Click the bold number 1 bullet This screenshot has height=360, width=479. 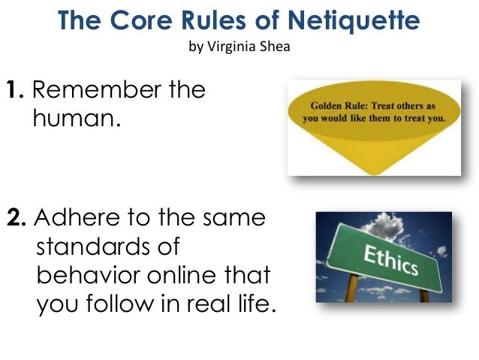click(16, 91)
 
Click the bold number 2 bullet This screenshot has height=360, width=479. click(16, 219)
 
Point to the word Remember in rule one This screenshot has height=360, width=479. click(93, 91)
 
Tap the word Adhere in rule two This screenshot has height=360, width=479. click(74, 219)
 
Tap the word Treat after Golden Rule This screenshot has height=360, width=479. click(383, 106)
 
